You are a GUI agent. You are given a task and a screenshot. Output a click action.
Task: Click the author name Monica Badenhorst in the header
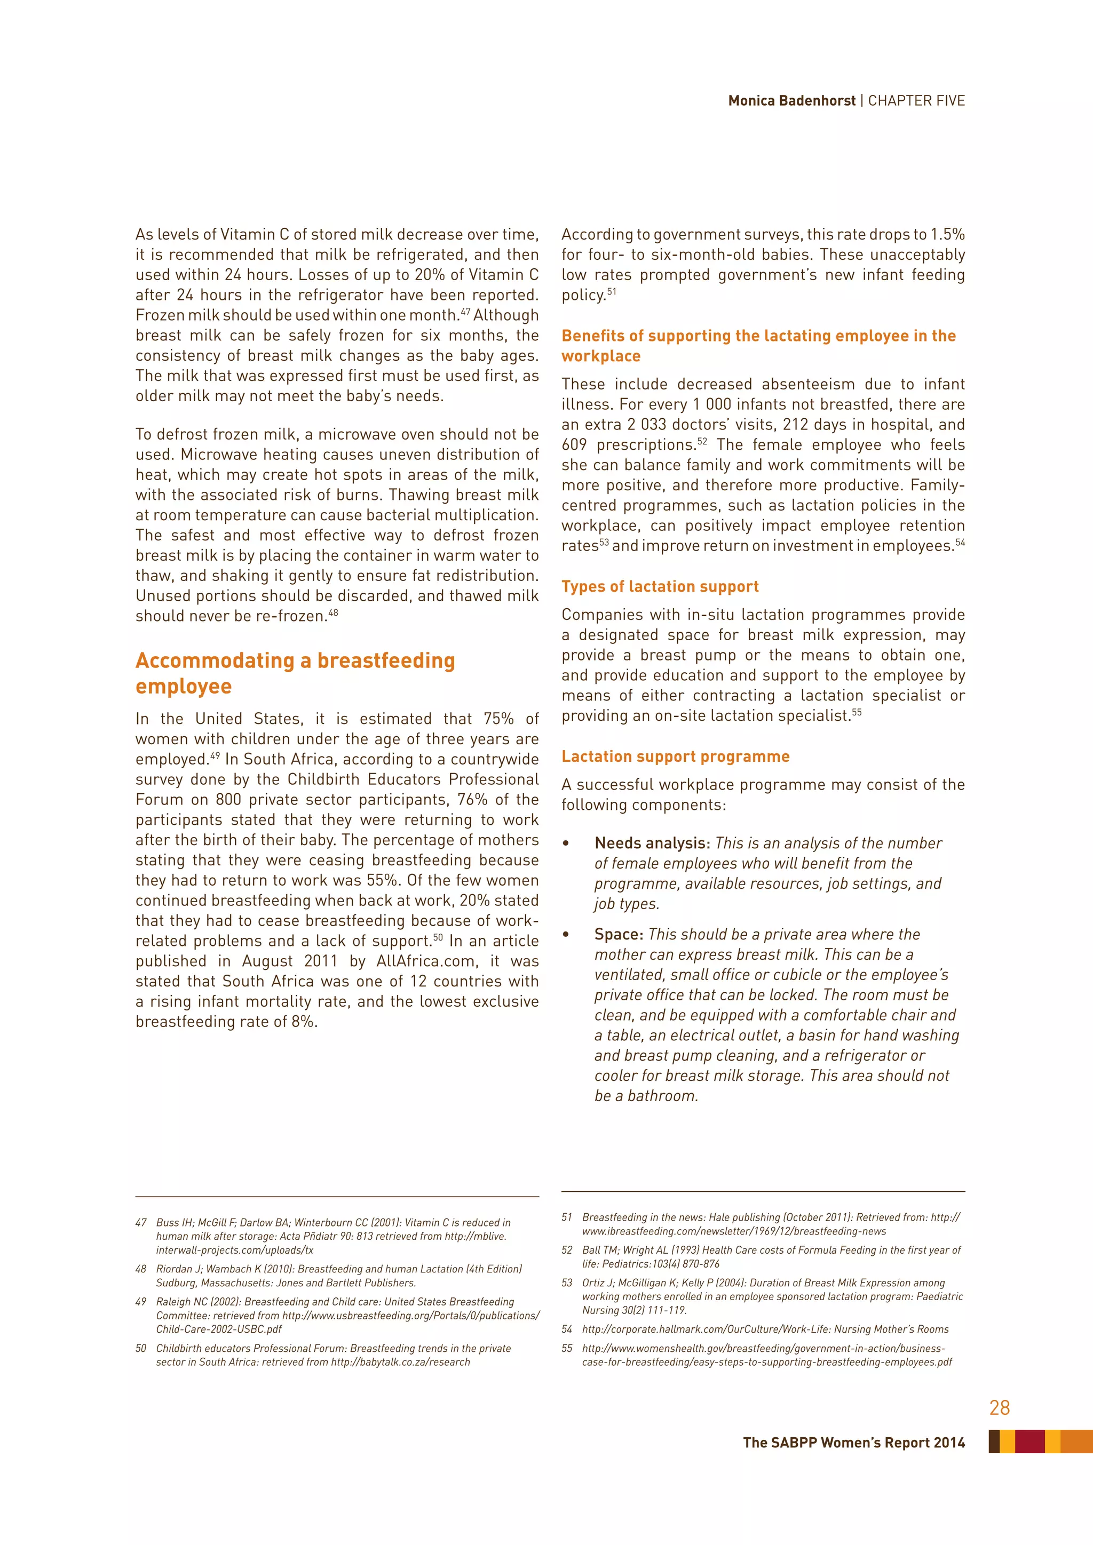(x=791, y=101)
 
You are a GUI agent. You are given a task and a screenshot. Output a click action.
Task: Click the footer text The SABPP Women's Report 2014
(x=853, y=1443)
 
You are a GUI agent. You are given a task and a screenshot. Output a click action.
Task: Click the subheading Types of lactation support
(x=660, y=587)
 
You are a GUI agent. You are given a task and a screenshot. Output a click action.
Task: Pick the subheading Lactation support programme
(x=675, y=756)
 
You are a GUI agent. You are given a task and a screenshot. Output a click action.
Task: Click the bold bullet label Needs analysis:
(x=652, y=843)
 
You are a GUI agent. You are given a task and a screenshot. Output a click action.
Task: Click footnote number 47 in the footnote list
(x=141, y=1223)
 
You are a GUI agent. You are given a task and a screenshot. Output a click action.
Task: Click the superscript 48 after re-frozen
(x=333, y=612)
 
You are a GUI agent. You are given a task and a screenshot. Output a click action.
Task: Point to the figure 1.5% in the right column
(x=948, y=235)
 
